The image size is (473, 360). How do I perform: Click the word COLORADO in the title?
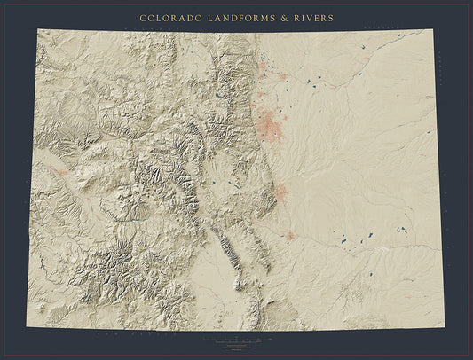click(x=170, y=17)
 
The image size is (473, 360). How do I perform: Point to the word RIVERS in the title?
click(x=314, y=17)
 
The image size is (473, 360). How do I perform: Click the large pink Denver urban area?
click(x=270, y=125)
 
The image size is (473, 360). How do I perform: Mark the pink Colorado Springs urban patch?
click(x=280, y=192)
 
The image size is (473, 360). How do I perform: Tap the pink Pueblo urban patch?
click(x=290, y=236)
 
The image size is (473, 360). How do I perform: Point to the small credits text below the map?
click(x=236, y=340)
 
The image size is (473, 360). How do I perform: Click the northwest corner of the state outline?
click(x=38, y=29)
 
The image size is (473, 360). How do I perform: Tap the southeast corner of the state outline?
click(x=444, y=328)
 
